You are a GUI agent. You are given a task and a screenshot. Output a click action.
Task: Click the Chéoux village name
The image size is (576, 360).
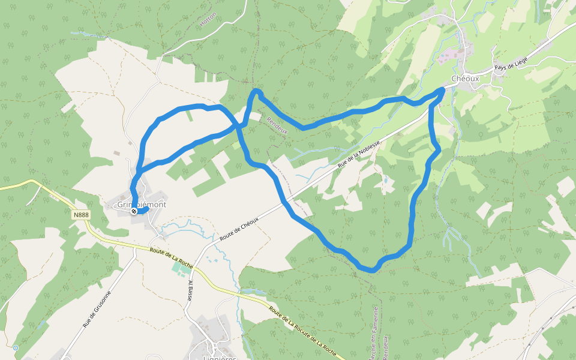click(x=464, y=78)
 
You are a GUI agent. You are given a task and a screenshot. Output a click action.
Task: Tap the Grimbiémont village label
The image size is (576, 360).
click(x=142, y=204)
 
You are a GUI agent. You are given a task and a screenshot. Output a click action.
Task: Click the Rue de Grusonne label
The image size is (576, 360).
click(x=97, y=309)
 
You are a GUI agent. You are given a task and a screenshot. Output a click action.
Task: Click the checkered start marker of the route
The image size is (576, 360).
click(x=134, y=211)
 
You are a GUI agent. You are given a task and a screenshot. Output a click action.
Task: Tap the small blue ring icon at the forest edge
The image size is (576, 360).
click(x=15, y=347)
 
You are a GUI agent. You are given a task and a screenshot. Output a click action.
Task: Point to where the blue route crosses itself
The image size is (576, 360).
click(x=239, y=127)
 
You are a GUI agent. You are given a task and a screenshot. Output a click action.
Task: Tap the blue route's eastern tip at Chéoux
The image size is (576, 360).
click(x=443, y=89)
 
